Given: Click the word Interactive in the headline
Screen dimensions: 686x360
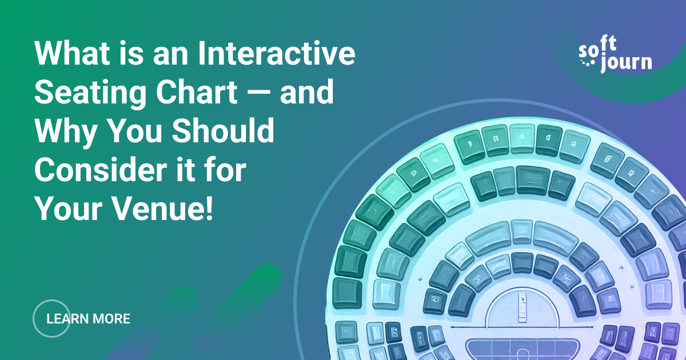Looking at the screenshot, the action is tap(277, 53).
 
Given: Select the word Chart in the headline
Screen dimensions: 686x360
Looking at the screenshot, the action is tap(197, 92).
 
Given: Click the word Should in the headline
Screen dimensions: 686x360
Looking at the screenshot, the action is tap(222, 131).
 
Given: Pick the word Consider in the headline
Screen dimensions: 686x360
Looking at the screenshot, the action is tap(101, 170).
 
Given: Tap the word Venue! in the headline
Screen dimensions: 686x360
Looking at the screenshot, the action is tap(163, 209).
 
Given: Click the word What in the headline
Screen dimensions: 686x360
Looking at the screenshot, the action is tap(72, 53).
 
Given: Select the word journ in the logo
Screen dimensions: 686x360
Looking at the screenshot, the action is tap(626, 63).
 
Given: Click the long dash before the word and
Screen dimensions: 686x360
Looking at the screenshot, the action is tap(258, 93).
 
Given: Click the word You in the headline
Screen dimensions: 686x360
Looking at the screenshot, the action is tap(135, 131).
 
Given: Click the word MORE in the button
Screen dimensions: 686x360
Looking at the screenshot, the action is tap(111, 319).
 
